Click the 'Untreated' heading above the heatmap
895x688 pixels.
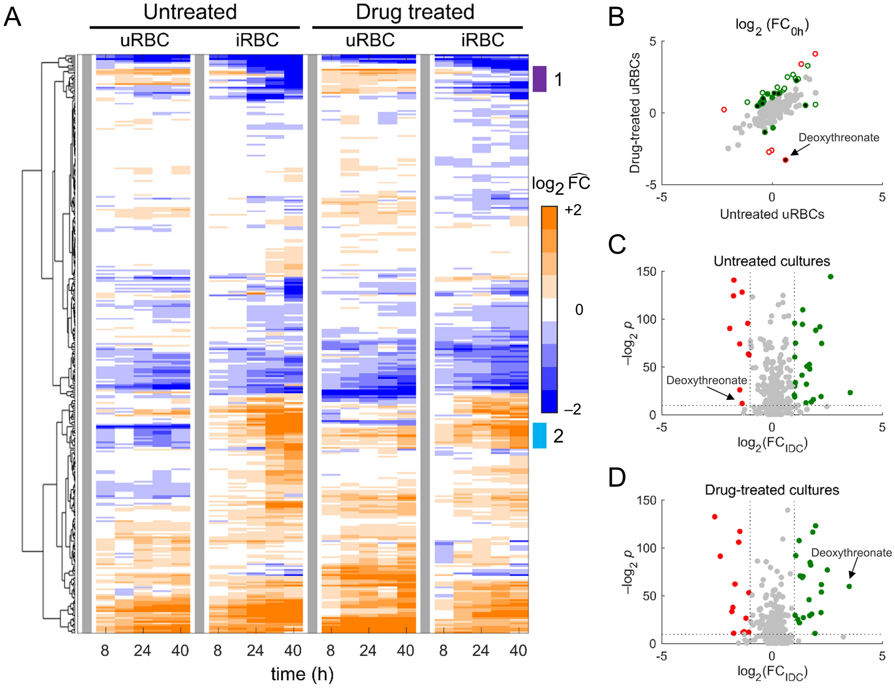point(190,12)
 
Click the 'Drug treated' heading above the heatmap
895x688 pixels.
point(415,12)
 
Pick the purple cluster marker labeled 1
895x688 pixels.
point(539,79)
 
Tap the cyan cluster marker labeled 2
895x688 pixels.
point(539,436)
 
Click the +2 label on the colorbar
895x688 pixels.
point(573,210)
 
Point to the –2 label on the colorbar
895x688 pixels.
point(573,409)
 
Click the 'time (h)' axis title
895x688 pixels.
point(302,674)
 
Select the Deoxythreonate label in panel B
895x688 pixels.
point(839,137)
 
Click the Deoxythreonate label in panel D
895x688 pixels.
point(851,552)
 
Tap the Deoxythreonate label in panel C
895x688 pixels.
point(706,380)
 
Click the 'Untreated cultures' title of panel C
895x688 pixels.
point(772,261)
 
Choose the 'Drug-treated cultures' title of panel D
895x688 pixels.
point(772,490)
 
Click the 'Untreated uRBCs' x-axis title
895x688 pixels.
point(772,214)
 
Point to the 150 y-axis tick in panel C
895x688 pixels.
point(647,271)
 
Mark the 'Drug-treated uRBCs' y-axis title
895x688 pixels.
point(634,113)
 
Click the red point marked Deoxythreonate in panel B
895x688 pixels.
point(785,160)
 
